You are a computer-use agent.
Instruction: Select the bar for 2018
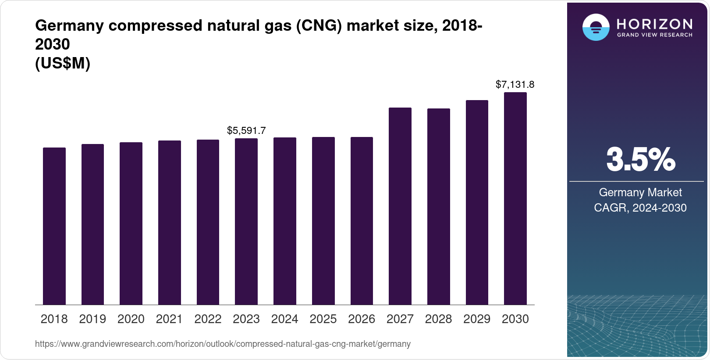54,226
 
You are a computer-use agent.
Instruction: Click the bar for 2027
400,206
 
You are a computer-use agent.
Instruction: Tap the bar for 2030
515,198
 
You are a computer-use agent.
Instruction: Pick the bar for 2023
246,222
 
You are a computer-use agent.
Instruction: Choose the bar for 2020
131,223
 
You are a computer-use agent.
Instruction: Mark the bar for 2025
323,221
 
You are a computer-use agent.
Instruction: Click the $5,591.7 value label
246,130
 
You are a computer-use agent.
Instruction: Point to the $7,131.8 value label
515,84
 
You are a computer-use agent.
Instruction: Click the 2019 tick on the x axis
92,319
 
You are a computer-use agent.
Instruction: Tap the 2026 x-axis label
362,319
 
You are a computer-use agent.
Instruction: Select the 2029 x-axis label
477,319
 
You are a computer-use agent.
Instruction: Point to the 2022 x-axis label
208,319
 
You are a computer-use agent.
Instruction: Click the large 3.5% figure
640,160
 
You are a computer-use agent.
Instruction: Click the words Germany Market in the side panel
640,192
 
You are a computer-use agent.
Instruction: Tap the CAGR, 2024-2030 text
640,208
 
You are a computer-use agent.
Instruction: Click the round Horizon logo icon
596,27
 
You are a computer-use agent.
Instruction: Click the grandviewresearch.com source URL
223,344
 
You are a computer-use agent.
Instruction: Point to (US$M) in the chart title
63,64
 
